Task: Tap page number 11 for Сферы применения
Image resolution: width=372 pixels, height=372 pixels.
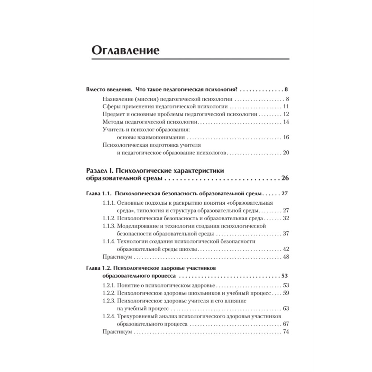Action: pyautogui.click(x=285, y=107)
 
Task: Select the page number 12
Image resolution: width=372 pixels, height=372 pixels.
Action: pyautogui.click(x=285, y=114)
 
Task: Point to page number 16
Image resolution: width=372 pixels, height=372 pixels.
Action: pyautogui.click(x=285, y=137)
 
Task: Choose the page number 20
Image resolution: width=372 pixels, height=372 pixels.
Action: pyautogui.click(x=285, y=153)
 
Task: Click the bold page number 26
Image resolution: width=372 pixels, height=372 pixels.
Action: pyautogui.click(x=285, y=179)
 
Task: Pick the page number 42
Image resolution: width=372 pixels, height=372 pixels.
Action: pyautogui.click(x=285, y=249)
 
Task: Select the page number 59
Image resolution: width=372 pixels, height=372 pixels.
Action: pyautogui.click(x=285, y=293)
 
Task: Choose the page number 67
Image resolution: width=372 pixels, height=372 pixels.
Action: pyautogui.click(x=285, y=324)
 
